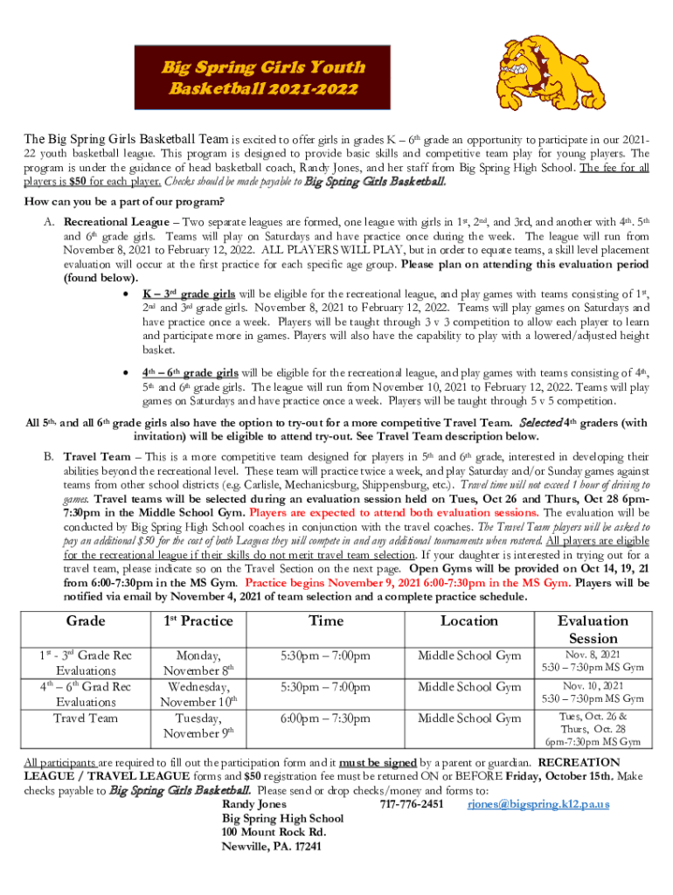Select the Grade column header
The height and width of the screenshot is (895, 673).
click(87, 621)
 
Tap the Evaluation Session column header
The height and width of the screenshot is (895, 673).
click(593, 629)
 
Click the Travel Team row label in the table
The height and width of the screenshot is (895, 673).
click(87, 718)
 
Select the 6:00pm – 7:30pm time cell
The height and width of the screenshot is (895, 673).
click(325, 718)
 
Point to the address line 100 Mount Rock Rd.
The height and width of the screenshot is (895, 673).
click(274, 832)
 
